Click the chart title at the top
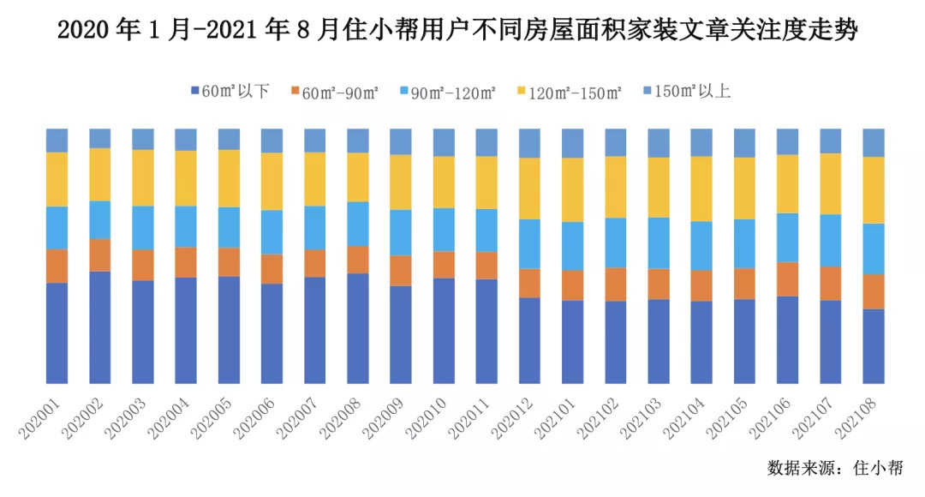457,32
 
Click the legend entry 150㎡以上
685,91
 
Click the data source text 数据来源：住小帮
834,468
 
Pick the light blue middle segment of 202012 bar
529,244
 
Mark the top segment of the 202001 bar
57,140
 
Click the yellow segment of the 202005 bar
229,178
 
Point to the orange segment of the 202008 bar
358,260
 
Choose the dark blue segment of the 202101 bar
572,342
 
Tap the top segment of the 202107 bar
831,141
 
